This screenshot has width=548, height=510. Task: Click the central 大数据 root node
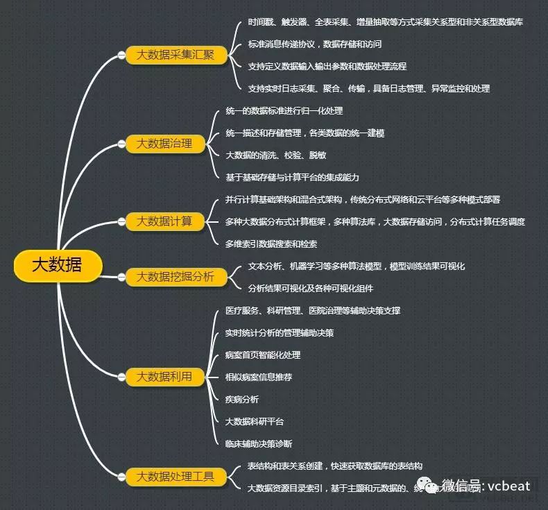coord(58,265)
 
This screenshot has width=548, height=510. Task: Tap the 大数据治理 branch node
coord(164,144)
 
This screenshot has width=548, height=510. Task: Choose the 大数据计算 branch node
coord(164,221)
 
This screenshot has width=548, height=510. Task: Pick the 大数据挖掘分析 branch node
coord(175,277)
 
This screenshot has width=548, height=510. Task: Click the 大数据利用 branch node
coord(164,377)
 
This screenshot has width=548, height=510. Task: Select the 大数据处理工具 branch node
coord(175,477)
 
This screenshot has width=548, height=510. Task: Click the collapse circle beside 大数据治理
coord(121,144)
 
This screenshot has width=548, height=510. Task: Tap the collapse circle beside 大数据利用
coord(121,377)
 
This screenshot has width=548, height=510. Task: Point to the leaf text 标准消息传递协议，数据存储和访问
coord(314,44)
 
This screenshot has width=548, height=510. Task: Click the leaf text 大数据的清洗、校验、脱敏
coord(276,155)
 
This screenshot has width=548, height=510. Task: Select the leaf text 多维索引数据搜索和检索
coord(271,244)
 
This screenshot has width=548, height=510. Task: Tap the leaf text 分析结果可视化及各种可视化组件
coord(310,288)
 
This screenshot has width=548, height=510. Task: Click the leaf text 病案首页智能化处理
coord(263,355)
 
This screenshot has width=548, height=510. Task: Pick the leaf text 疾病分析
coord(241,399)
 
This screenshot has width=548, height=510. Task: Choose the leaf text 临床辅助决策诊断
coord(258,443)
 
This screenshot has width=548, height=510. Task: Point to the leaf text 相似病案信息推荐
coord(258,377)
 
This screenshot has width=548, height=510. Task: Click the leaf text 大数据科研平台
coord(254,421)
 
